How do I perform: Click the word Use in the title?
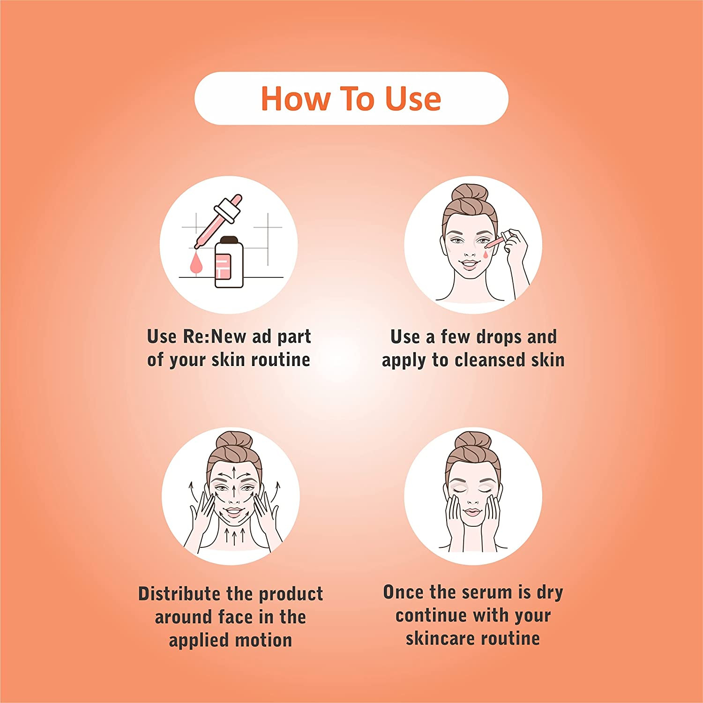point(413,98)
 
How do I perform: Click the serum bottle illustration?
point(229,262)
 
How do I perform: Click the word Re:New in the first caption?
point(214,337)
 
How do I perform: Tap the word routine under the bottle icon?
point(280,360)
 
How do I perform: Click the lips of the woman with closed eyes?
point(472,512)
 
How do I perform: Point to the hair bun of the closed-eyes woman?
point(472,441)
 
